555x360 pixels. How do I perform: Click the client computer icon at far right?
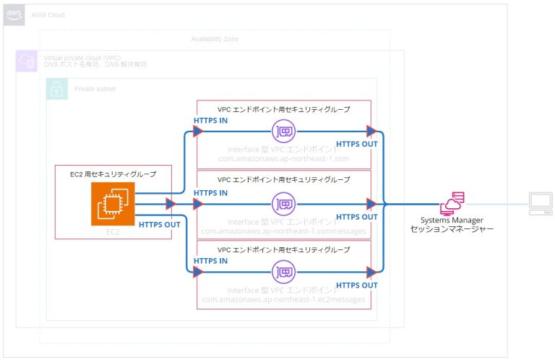point(538,204)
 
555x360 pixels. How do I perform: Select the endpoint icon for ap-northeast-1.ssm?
point(283,132)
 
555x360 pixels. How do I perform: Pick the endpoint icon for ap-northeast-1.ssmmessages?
point(283,203)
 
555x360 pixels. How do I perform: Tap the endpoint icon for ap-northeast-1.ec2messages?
point(283,273)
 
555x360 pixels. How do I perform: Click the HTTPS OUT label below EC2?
point(159,224)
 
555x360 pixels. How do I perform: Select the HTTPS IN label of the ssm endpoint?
point(210,120)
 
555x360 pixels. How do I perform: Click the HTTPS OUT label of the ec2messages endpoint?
point(357,286)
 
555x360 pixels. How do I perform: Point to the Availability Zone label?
point(214,38)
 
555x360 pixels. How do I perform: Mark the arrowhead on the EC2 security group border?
point(171,204)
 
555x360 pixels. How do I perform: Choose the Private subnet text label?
point(94,89)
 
